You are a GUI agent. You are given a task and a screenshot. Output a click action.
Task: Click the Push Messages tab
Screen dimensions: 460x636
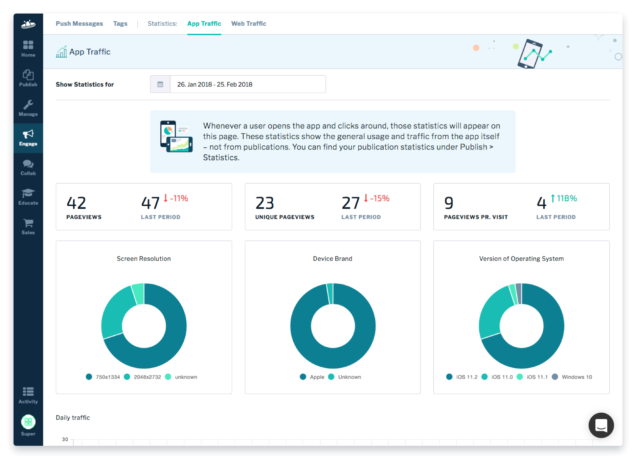click(x=79, y=24)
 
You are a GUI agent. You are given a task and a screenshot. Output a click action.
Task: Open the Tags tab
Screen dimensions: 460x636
click(x=120, y=24)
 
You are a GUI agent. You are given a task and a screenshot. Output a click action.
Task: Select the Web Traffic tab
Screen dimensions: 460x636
click(x=249, y=24)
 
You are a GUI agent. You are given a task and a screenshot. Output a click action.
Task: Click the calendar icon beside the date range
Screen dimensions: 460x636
click(x=160, y=84)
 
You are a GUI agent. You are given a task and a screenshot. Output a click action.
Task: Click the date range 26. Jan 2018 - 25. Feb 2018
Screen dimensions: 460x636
click(x=214, y=84)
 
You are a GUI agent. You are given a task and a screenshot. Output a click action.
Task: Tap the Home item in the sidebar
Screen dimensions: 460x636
click(x=28, y=49)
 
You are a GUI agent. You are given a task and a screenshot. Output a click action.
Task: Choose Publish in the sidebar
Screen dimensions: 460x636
click(x=28, y=78)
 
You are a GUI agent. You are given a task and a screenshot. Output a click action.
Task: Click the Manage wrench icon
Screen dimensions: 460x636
click(x=28, y=105)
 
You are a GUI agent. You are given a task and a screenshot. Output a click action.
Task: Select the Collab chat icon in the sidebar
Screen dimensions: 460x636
click(x=28, y=164)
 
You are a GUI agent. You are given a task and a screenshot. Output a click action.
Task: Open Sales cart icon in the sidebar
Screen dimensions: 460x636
click(x=28, y=223)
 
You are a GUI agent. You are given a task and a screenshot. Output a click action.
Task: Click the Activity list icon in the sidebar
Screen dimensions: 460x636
click(x=28, y=392)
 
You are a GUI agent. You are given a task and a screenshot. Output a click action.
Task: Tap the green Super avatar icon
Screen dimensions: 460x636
click(x=28, y=422)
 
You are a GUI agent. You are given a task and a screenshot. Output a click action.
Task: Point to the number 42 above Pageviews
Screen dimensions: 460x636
click(x=76, y=203)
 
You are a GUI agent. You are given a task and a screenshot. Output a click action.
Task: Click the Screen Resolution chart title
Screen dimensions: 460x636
click(x=144, y=259)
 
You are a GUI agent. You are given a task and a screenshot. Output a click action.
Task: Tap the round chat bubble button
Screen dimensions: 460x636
click(x=601, y=425)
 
